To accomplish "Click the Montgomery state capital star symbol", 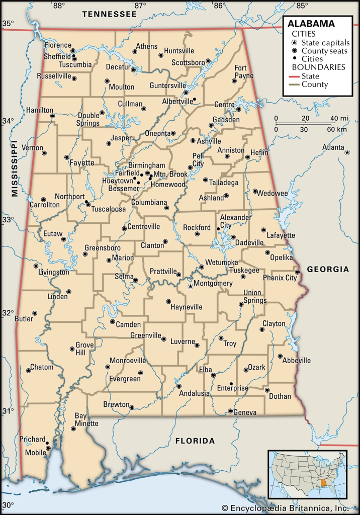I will (x=190, y=286).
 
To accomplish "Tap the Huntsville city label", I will (x=179, y=51).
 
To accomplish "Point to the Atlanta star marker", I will (x=347, y=152).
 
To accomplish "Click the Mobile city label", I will (x=35, y=452).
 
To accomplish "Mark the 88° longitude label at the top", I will (x=59, y=6).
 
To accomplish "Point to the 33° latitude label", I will (x=8, y=220).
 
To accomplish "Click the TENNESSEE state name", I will (x=109, y=14).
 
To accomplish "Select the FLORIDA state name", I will (x=195, y=441).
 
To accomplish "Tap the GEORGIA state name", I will (x=328, y=270).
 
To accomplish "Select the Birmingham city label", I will (x=146, y=165).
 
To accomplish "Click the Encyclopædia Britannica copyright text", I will (x=285, y=508).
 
